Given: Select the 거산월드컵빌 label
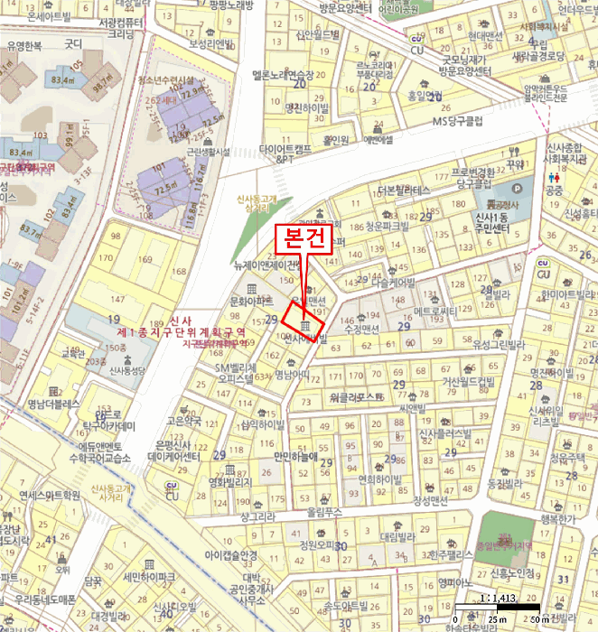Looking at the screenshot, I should (x=468, y=381).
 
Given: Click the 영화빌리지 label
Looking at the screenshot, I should (x=229, y=483).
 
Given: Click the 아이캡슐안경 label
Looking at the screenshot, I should (x=231, y=554).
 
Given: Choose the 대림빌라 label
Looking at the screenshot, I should (x=396, y=535).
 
